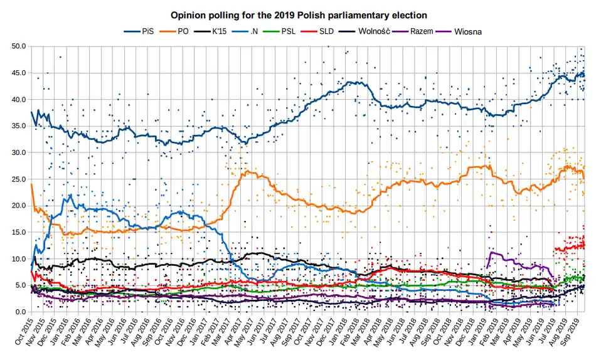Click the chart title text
299,14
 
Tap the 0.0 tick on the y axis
20,312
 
